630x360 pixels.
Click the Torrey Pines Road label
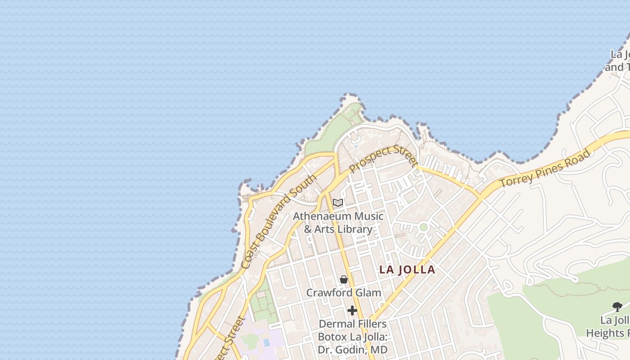(x=544, y=169)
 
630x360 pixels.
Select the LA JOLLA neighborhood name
(x=407, y=270)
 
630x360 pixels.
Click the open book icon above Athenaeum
(x=338, y=203)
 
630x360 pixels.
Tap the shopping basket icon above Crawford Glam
(x=344, y=279)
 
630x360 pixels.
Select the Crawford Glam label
(x=343, y=292)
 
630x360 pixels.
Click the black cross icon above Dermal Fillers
(x=352, y=310)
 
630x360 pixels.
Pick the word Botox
(x=333, y=337)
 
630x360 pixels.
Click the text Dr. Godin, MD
(x=352, y=350)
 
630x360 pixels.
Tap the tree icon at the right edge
(x=617, y=307)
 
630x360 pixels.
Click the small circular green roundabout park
(x=423, y=227)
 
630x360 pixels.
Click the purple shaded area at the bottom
(x=261, y=342)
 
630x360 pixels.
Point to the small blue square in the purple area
(x=266, y=342)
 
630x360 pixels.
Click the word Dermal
(x=334, y=324)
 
